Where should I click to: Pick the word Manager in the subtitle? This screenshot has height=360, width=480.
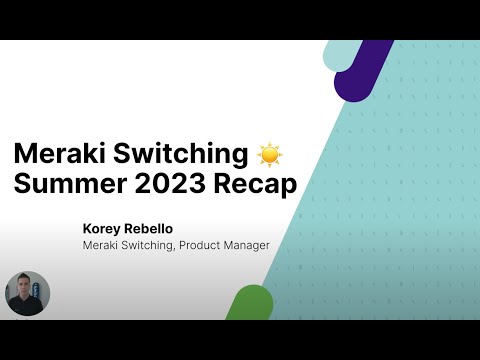click(246, 244)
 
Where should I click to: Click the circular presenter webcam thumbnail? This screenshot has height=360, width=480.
click(27, 294)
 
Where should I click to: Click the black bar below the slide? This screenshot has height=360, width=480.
click(240, 340)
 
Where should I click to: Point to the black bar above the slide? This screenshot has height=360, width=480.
click(240, 20)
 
